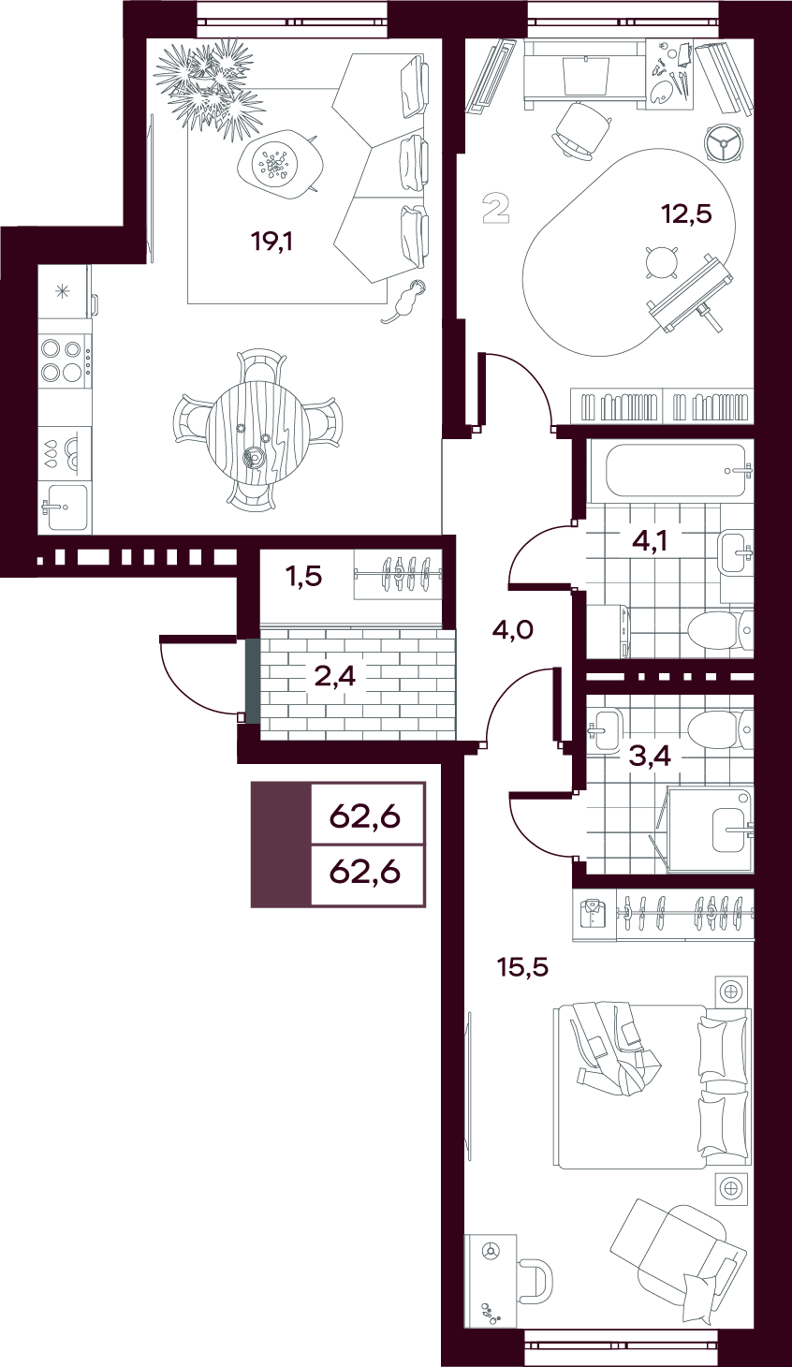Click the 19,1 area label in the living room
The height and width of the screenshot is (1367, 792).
pos(271,243)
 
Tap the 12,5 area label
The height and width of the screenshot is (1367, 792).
pos(686,214)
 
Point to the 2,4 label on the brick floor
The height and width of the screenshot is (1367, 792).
pos(334,677)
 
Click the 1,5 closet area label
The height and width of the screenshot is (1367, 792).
pos(304,576)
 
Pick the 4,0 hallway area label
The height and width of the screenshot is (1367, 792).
pos(512,629)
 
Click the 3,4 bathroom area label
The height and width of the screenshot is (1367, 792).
pos(650,757)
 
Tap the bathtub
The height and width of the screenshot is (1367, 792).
pos(677,471)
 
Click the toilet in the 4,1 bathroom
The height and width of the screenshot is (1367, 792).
pos(720,629)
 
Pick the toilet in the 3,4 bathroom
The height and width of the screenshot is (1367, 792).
pos(720,727)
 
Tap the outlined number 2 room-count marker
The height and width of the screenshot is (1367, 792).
pos(495,208)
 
